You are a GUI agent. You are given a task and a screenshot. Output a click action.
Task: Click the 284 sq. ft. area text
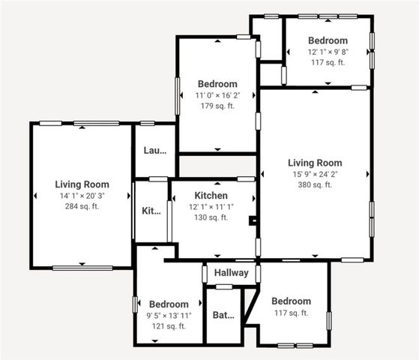82,206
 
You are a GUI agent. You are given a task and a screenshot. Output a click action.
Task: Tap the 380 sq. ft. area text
315,184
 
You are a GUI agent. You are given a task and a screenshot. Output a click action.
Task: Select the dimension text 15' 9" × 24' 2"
315,174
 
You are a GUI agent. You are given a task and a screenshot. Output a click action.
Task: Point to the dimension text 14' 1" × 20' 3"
82,196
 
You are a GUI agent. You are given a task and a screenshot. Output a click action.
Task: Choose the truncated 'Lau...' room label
154,150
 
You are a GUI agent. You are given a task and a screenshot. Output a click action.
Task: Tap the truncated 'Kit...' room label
151,211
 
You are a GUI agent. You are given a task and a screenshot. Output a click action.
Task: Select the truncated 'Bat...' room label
223,315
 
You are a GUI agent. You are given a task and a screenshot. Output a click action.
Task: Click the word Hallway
231,273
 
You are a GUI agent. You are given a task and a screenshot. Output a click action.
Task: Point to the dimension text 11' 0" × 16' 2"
217,95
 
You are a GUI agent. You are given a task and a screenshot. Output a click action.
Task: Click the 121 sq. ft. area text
169,326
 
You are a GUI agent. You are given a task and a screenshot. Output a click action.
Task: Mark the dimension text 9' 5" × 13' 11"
169,316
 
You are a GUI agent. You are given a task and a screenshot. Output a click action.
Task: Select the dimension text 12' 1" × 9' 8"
328,51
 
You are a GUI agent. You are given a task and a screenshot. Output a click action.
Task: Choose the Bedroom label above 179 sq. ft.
217,84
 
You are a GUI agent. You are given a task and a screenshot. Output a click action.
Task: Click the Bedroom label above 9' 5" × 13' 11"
169,304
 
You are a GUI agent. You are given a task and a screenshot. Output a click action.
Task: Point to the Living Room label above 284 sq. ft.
82,184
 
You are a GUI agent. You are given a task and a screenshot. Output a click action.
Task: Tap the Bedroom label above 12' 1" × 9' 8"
328,40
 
